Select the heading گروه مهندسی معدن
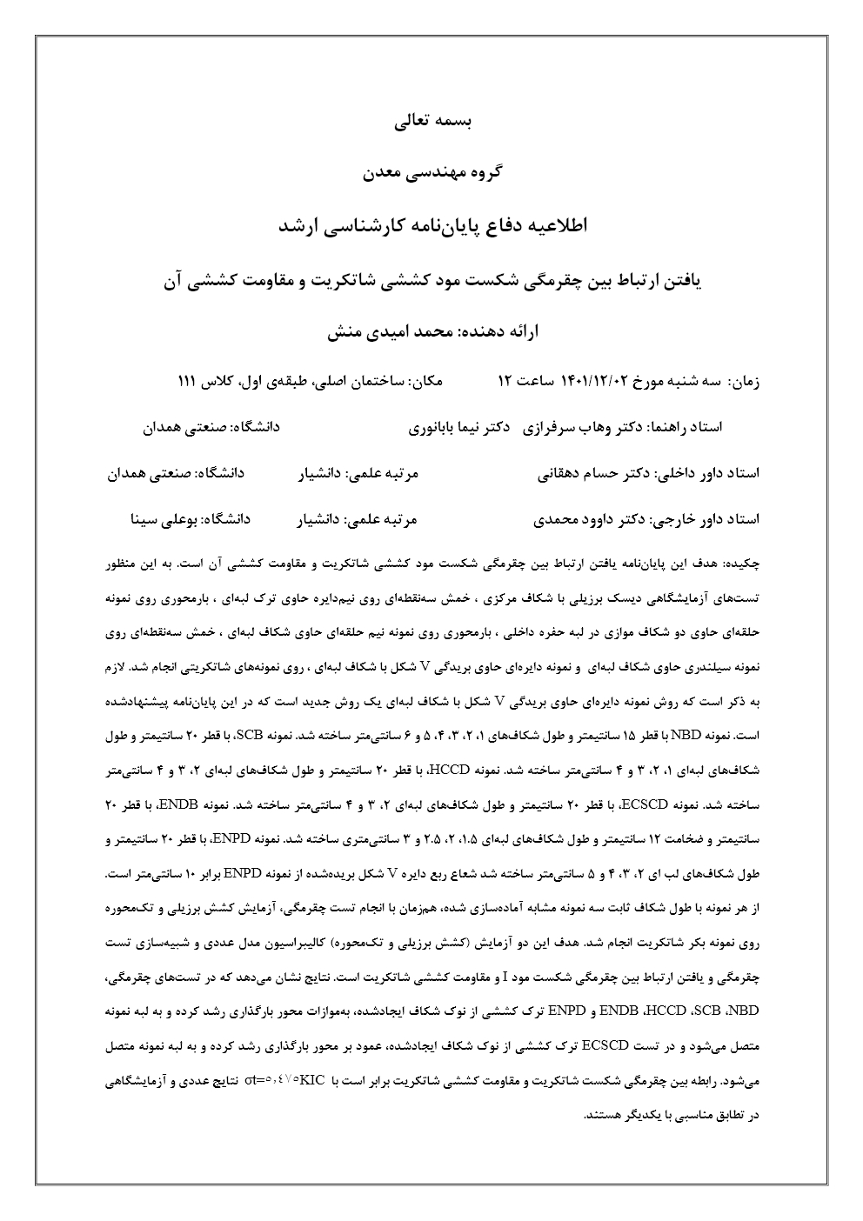(431, 172)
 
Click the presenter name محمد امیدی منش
(402, 331)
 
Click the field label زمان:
(744, 382)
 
